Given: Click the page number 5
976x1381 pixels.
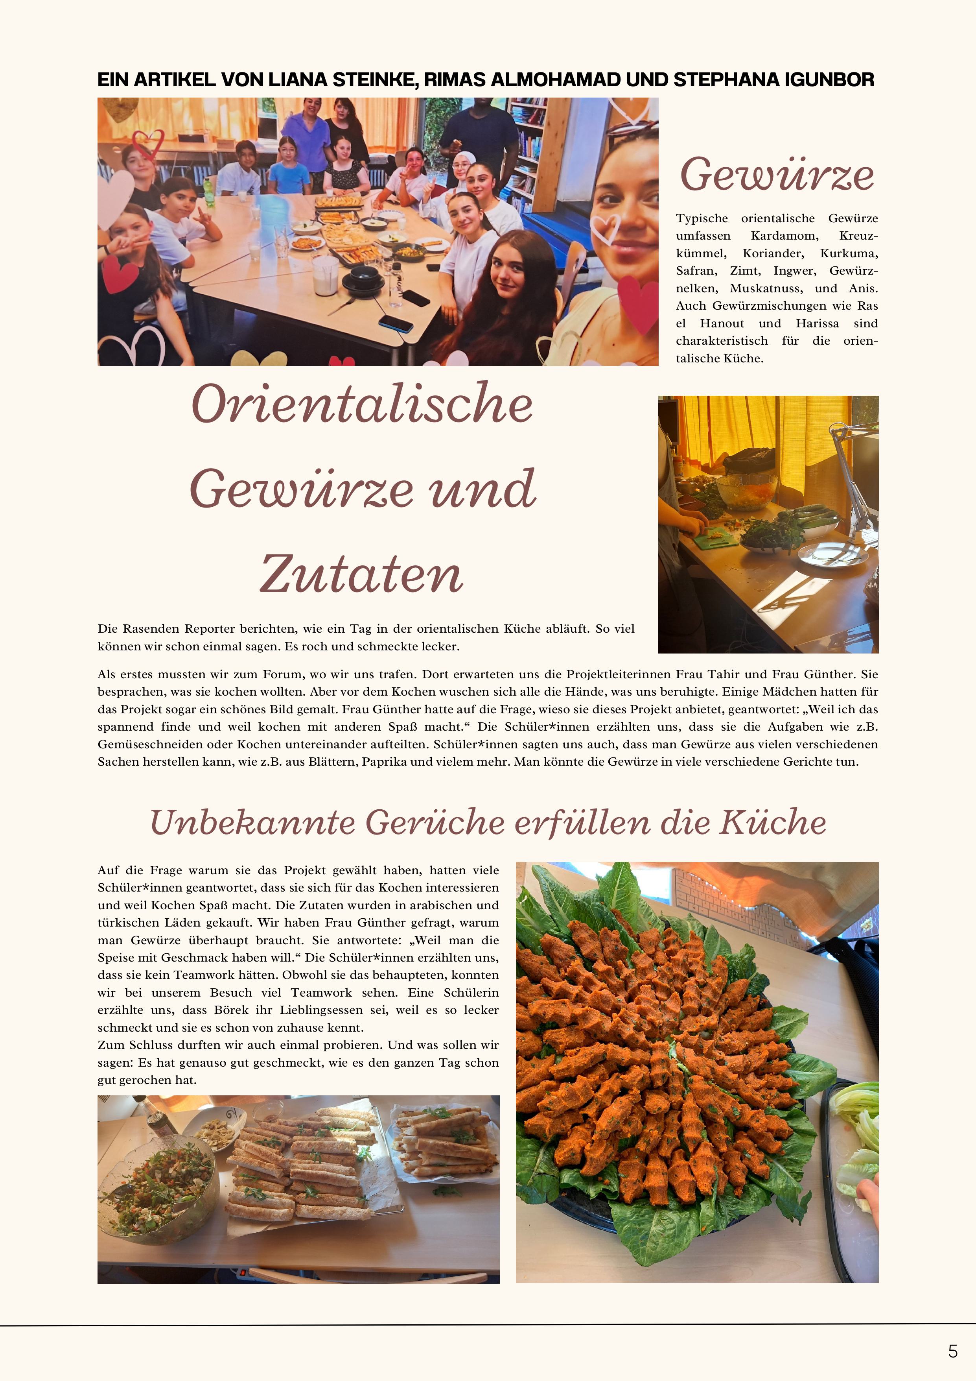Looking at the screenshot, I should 952,1351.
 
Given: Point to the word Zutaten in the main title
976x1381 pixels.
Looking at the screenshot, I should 361,574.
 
